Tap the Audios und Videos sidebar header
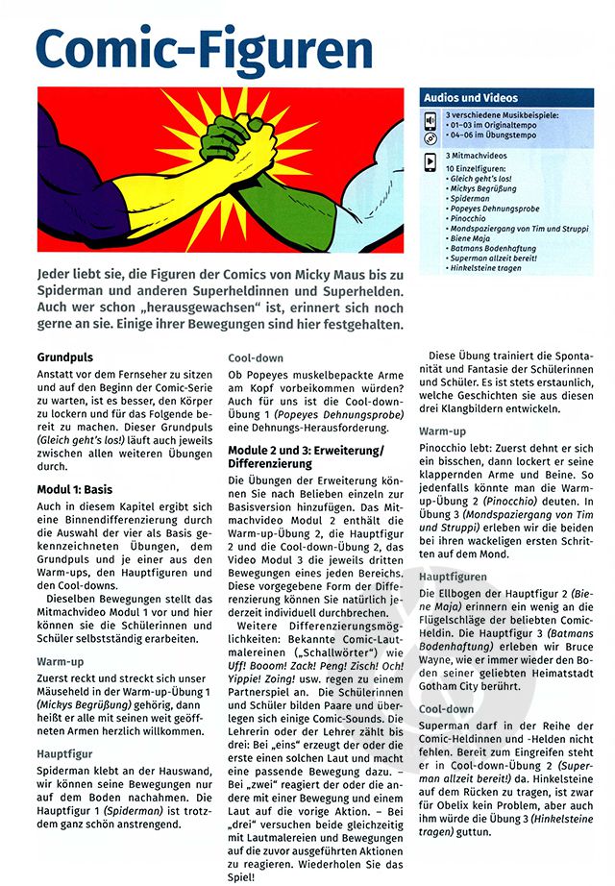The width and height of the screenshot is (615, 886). coord(477,98)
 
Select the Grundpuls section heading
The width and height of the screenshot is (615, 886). coord(64,357)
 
